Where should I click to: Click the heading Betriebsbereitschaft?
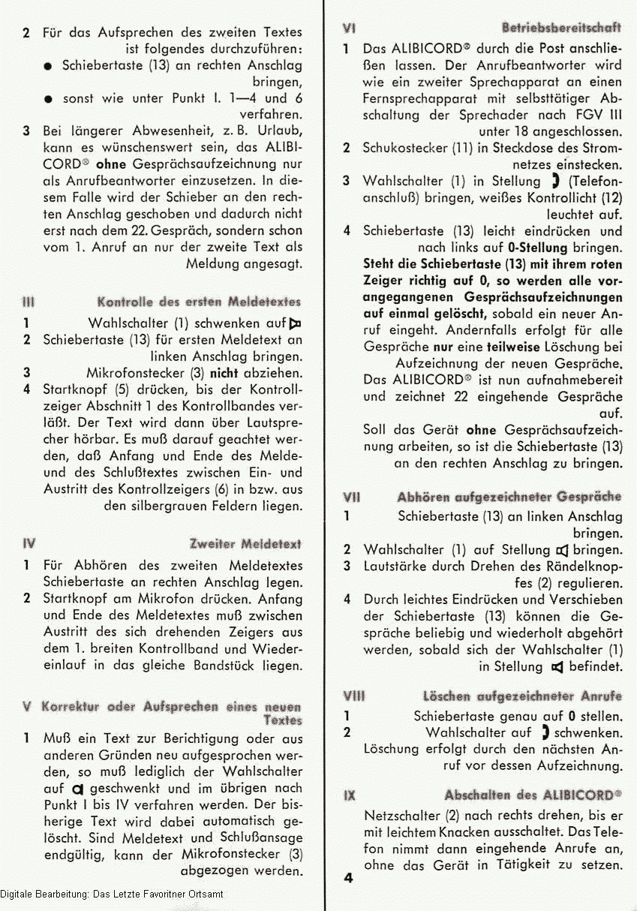[561, 28]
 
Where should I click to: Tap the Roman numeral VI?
[349, 28]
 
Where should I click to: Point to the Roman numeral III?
[28, 302]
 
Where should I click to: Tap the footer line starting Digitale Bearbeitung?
[112, 894]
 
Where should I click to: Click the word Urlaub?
[278, 131]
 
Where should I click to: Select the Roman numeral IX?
[349, 795]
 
